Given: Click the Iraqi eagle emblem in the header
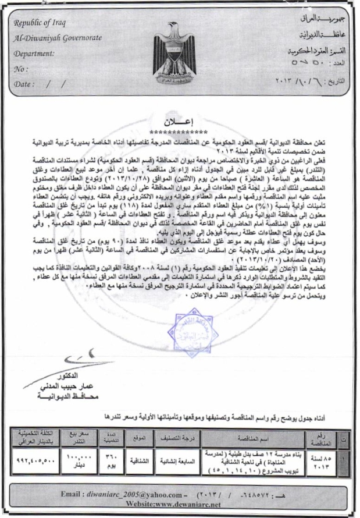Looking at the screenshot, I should click(x=179, y=58).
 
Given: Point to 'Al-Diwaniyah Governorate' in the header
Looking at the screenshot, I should click(x=57, y=38).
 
